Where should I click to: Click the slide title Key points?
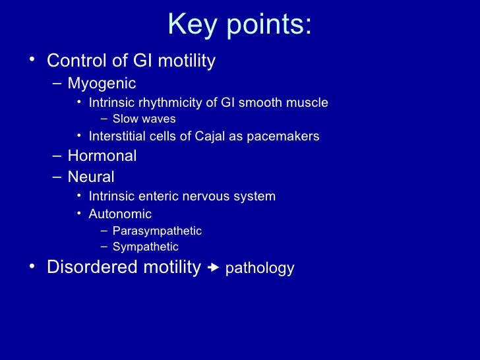click(239, 25)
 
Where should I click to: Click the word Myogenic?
click(102, 84)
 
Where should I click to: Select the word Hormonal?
click(102, 156)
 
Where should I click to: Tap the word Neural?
click(91, 177)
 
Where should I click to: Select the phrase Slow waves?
click(144, 119)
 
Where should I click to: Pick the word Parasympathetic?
click(157, 231)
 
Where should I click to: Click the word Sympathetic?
click(145, 247)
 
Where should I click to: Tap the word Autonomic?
click(120, 214)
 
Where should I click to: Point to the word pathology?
click(260, 268)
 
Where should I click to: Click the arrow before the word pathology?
click(213, 268)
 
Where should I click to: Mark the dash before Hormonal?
click(57, 156)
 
